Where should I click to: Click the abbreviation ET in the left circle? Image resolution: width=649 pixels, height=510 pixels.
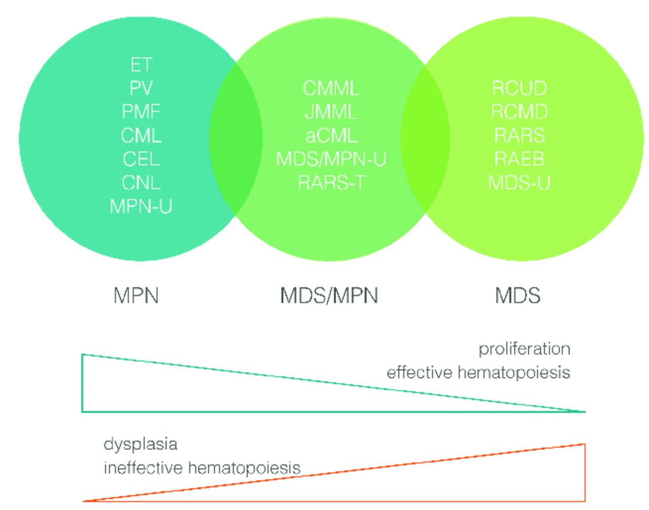click(x=141, y=64)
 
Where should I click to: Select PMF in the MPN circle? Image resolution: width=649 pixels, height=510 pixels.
click(x=141, y=112)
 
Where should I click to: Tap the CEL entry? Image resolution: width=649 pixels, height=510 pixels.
click(x=141, y=159)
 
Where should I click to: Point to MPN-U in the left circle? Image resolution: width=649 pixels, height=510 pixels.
click(x=141, y=206)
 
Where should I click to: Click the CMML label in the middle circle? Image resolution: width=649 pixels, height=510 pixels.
click(x=331, y=88)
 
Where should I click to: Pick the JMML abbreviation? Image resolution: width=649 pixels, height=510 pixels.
click(x=331, y=112)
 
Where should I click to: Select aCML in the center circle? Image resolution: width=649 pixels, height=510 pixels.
click(x=331, y=135)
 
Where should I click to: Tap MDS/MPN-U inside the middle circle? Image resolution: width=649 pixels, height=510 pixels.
click(x=331, y=159)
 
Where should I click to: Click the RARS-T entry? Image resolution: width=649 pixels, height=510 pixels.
click(x=331, y=183)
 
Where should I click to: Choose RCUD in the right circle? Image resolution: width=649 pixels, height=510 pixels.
click(x=519, y=88)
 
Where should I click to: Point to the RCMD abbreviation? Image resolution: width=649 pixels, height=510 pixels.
click(x=519, y=112)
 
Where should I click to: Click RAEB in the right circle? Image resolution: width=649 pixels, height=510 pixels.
click(x=519, y=159)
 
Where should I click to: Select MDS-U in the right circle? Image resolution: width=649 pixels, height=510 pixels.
click(x=519, y=183)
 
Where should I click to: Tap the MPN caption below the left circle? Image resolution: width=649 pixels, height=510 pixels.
click(x=136, y=296)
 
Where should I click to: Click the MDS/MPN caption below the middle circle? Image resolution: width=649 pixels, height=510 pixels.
click(x=329, y=296)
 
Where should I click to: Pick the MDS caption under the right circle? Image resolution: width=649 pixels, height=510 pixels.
click(x=518, y=296)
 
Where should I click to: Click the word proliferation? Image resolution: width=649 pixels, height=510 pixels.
click(x=524, y=349)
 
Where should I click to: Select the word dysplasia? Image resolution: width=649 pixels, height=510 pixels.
click(x=140, y=445)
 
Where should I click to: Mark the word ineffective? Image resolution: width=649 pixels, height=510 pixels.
click(x=143, y=467)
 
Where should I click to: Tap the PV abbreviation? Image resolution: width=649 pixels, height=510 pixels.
click(x=141, y=88)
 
